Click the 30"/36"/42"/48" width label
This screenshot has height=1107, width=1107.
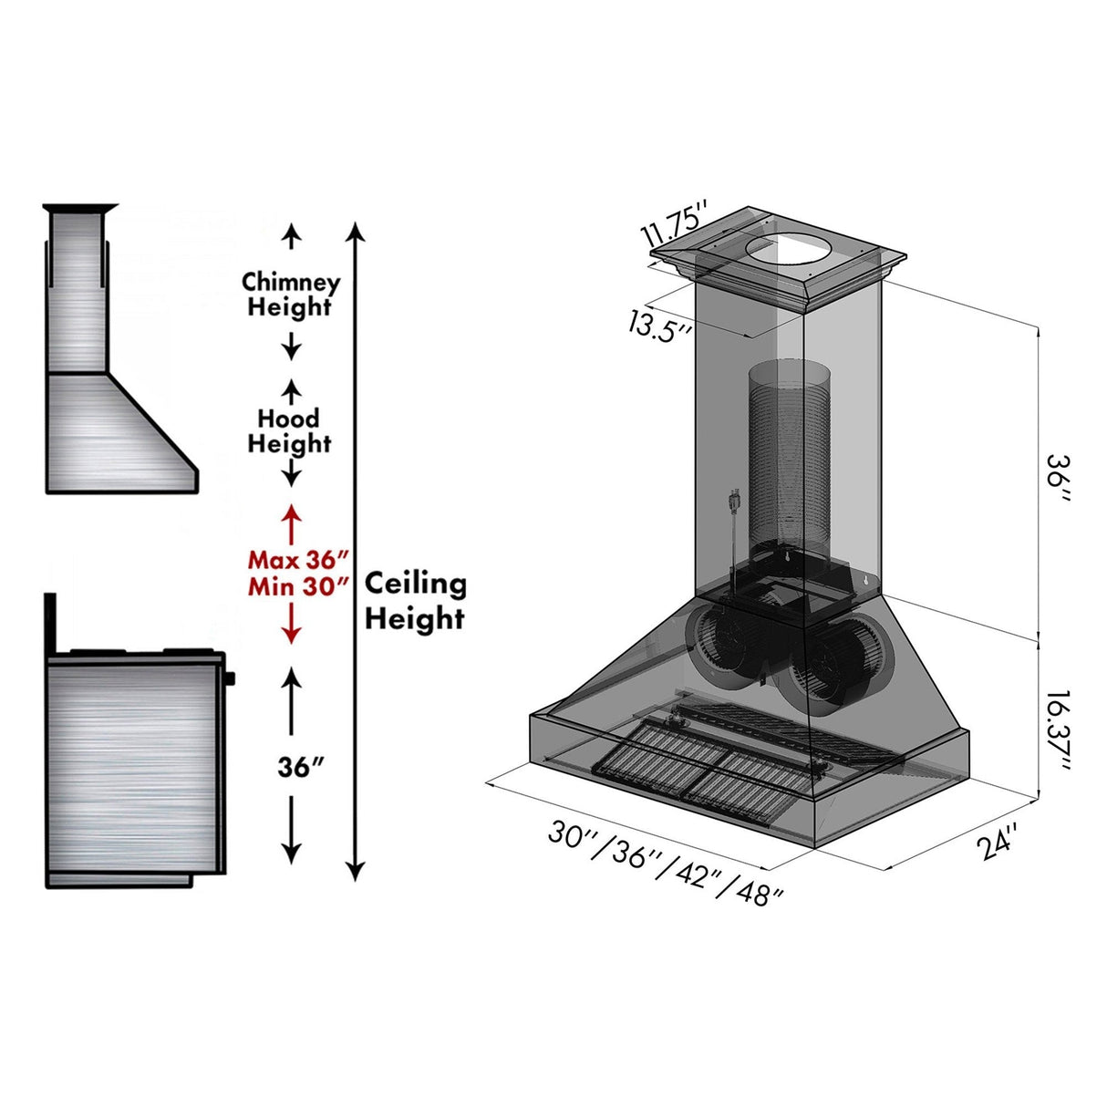pos(666,861)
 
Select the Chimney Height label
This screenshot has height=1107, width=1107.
pos(290,294)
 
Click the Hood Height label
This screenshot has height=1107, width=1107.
pos(289,430)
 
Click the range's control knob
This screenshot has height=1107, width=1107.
pos(229,678)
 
